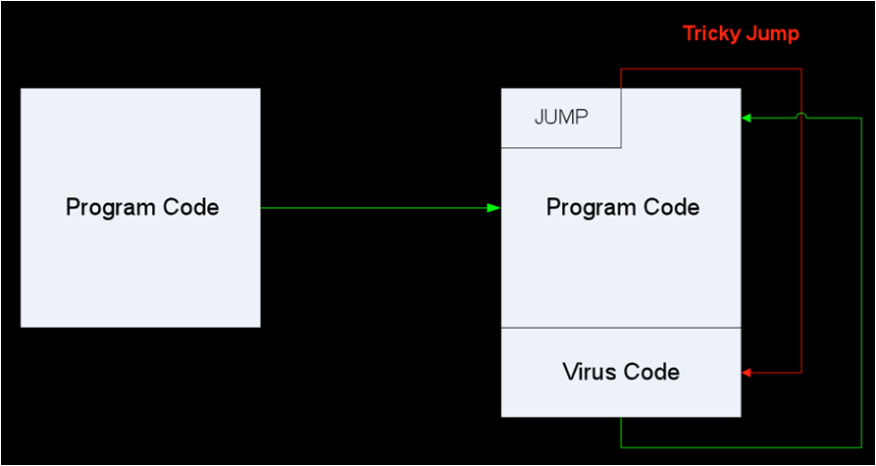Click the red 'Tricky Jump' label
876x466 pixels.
coord(741,34)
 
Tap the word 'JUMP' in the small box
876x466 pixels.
coord(561,118)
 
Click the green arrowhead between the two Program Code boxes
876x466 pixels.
coord(494,208)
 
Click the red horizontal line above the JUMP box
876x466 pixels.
coord(711,69)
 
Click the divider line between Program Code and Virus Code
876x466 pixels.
coord(621,328)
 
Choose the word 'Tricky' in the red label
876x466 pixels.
coord(710,34)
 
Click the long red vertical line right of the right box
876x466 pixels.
coord(801,245)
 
